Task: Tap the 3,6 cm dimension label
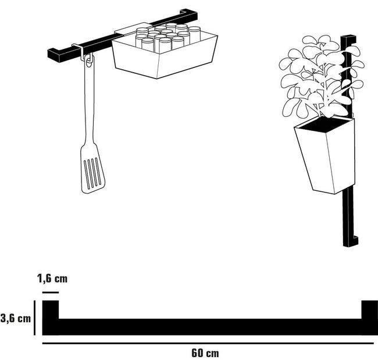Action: [x=16, y=318]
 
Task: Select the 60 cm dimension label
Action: [x=205, y=352]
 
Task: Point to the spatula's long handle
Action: [x=89, y=105]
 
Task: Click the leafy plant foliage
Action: [x=317, y=79]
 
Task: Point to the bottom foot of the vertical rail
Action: [x=352, y=240]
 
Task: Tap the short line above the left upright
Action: [x=50, y=291]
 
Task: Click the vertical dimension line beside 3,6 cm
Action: [x=34, y=318]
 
